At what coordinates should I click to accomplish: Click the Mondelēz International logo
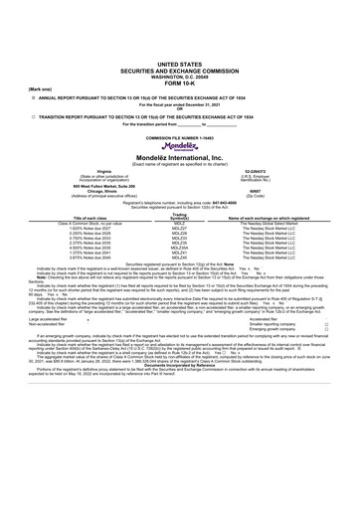[179, 143]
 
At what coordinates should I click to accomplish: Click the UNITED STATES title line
[179, 33]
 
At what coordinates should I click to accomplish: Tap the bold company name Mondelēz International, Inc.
[179, 156]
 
